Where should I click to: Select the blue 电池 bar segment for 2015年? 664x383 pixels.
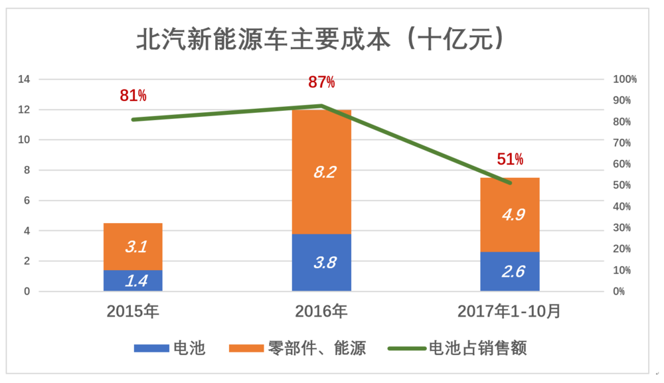[133, 281]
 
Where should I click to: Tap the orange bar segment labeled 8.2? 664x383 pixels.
[321, 172]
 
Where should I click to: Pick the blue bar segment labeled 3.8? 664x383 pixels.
[321, 262]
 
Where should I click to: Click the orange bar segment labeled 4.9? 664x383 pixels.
[510, 214]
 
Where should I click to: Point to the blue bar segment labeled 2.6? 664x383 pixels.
[510, 271]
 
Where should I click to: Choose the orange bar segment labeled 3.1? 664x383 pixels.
[133, 247]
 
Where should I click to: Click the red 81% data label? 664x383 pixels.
[133, 96]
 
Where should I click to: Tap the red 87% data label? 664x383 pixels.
[321, 82]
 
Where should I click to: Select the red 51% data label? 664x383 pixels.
[510, 159]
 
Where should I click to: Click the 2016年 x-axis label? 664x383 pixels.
[321, 311]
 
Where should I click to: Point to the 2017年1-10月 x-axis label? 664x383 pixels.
[510, 311]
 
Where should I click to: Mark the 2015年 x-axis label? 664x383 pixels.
[133, 311]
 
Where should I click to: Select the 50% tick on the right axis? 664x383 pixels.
[622, 185]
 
